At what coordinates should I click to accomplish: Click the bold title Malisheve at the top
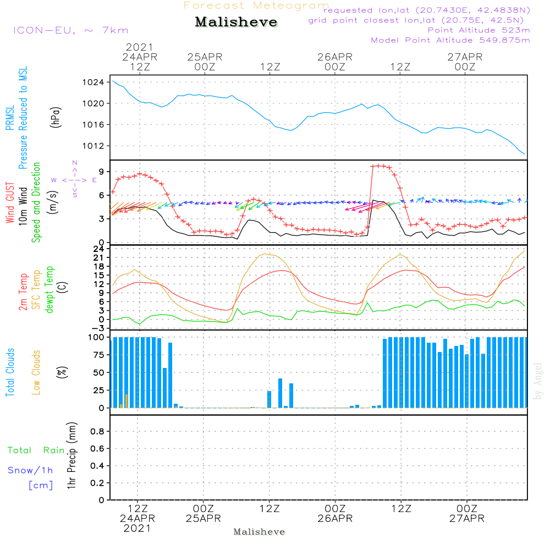coord(237,22)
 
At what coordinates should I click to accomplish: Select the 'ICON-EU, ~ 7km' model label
coord(71,30)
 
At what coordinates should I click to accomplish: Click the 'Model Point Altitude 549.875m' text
coord(450,40)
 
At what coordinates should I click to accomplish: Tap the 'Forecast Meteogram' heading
coord(256,5)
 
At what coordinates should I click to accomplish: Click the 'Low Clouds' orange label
coord(36,371)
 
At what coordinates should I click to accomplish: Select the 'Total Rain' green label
coord(36,450)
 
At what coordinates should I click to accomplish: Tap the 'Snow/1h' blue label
coord(30,470)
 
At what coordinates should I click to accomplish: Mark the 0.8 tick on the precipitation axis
coord(97,431)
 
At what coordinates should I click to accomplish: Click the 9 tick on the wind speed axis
coord(101,170)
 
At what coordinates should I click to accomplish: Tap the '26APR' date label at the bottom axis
coord(335,519)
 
